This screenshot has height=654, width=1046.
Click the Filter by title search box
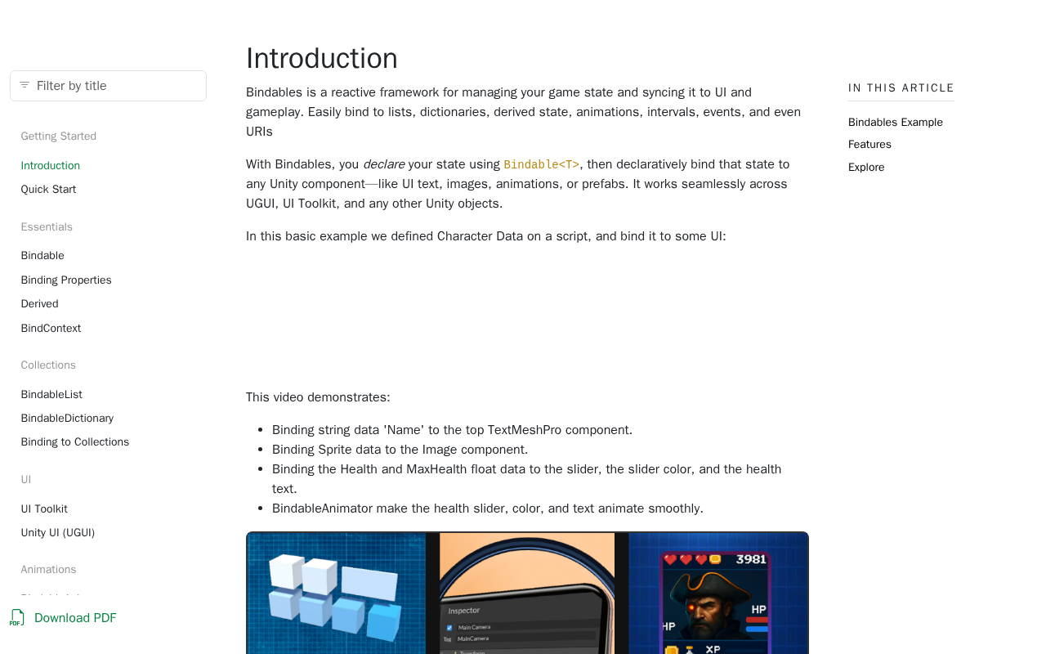click(x=114, y=86)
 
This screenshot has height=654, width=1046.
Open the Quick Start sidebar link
click(x=48, y=190)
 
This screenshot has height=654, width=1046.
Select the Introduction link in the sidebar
click(x=50, y=166)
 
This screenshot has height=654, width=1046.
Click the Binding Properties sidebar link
click(x=66, y=280)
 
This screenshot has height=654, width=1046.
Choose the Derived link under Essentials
click(x=39, y=304)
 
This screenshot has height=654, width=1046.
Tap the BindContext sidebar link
click(x=51, y=329)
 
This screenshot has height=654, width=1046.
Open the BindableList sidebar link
click(x=51, y=395)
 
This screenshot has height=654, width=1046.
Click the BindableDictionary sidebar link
click(x=67, y=419)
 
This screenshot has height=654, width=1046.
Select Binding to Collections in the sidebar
click(x=74, y=442)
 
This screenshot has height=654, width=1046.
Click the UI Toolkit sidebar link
click(x=44, y=509)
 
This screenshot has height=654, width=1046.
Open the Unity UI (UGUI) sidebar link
click(x=57, y=533)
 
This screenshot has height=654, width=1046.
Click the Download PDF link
click(x=75, y=618)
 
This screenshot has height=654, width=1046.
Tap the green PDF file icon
click(x=17, y=618)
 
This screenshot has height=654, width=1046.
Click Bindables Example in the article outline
click(x=895, y=123)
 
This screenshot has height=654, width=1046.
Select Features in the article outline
click(x=869, y=145)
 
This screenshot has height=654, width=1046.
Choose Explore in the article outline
click(x=865, y=168)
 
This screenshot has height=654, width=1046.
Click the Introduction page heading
click(x=321, y=59)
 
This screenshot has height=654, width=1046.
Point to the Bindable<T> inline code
click(x=541, y=165)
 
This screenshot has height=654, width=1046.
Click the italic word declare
click(x=383, y=164)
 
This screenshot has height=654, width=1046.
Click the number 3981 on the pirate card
click(x=751, y=559)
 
